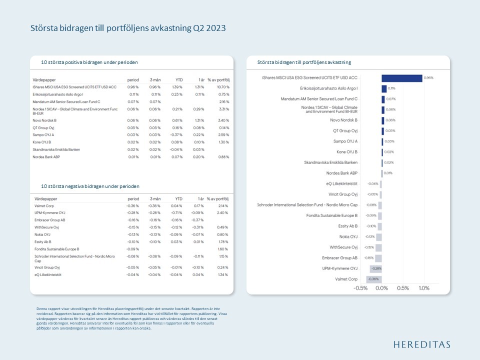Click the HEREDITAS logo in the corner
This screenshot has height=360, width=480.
[422, 344]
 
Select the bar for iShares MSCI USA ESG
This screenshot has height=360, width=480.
[401, 78]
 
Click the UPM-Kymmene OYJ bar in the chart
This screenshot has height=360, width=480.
[375, 268]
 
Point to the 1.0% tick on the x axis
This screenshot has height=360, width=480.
[423, 288]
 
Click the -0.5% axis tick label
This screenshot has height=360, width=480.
[360, 288]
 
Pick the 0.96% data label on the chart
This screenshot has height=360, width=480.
[428, 78]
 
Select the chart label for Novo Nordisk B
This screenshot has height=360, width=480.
[343, 120]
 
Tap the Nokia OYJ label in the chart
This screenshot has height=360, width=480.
[348, 236]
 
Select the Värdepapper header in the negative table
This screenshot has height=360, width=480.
[45, 198]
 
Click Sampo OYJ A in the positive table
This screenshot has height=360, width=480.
[43, 135]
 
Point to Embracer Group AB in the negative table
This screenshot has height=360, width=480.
[50, 220]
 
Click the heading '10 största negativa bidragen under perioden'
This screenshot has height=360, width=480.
[90, 186]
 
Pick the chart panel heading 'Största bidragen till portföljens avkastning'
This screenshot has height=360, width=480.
[304, 62]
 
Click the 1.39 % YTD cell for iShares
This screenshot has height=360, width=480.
[177, 86]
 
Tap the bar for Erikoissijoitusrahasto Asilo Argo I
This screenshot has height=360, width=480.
[384, 88]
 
